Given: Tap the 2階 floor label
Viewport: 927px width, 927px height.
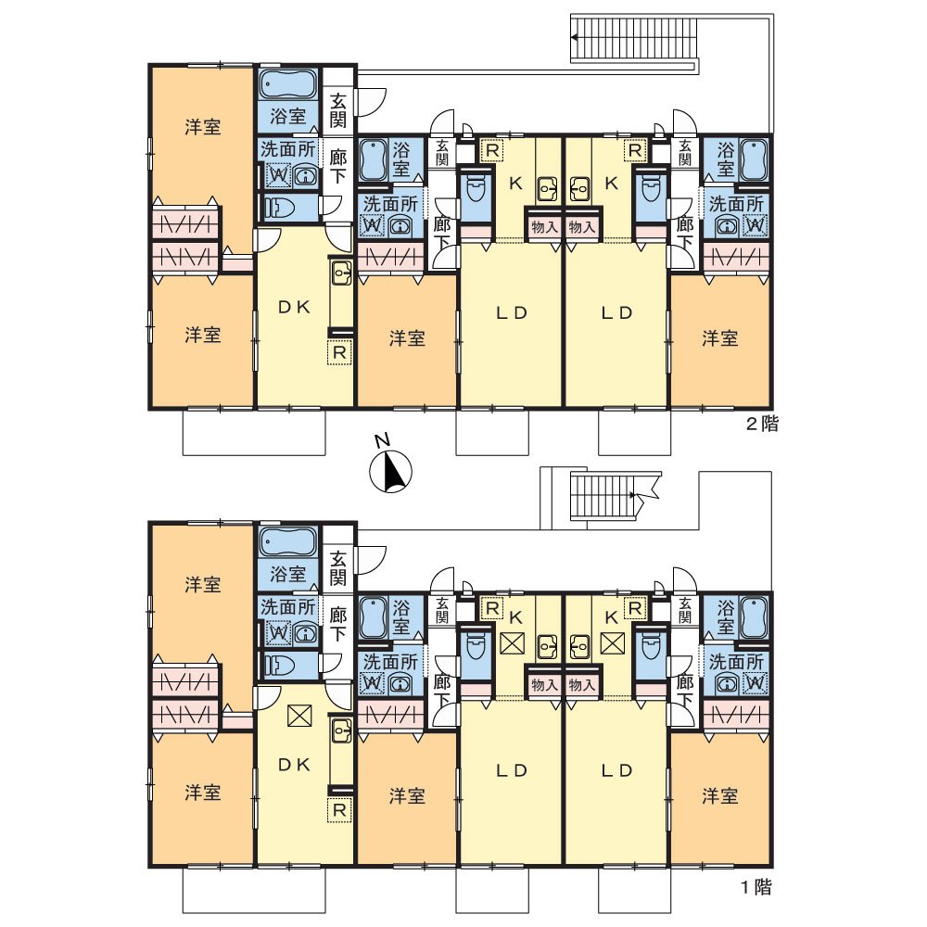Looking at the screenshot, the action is (762, 424).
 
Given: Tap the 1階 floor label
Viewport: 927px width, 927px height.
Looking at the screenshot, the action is (756, 887).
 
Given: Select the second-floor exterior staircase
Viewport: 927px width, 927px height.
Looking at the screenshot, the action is (634, 38).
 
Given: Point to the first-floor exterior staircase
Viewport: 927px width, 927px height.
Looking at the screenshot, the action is (604, 495).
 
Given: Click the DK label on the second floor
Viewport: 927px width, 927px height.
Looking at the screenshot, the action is (294, 308).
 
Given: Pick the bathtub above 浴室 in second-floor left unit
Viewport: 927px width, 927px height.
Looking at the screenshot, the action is (288, 86).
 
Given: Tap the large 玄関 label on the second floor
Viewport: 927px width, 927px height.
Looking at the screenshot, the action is (337, 110).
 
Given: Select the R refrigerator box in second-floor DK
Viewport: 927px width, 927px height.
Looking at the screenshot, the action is (339, 352).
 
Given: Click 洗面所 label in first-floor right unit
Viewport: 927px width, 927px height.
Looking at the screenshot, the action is (736, 662).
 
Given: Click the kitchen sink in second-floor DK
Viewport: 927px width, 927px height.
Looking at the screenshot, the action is (341, 273).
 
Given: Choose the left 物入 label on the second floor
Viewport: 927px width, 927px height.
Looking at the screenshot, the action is (544, 226).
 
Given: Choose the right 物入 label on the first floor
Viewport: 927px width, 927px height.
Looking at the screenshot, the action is (582, 685).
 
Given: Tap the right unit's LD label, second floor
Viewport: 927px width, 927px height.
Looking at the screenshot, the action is (617, 312).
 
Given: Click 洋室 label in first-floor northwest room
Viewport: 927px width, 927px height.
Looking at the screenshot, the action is (203, 585).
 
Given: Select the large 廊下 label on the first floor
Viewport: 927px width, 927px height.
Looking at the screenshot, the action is (337, 624).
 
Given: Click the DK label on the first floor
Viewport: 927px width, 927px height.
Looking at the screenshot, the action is (294, 765).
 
